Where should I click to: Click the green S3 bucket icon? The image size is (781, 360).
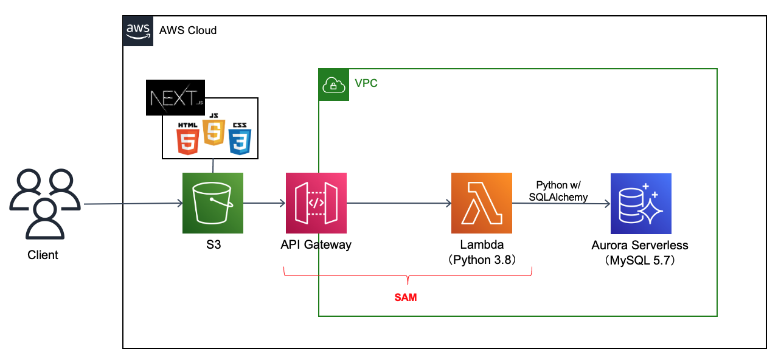(x=213, y=203)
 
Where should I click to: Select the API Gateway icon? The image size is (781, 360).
(x=316, y=203)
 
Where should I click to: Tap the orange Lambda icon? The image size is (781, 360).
(x=482, y=203)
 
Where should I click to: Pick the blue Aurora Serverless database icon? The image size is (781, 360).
(x=640, y=204)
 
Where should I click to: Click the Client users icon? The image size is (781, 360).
(x=43, y=204)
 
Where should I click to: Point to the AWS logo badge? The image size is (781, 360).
(x=137, y=30)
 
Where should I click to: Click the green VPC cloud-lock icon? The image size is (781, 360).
(x=333, y=85)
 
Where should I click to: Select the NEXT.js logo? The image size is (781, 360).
(x=174, y=97)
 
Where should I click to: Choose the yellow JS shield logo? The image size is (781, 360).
(x=213, y=130)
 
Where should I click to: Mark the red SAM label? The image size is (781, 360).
(x=407, y=298)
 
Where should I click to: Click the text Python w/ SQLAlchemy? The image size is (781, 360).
(x=558, y=190)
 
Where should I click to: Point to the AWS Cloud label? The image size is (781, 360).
(x=188, y=30)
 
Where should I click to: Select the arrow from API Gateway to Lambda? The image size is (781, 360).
(x=398, y=204)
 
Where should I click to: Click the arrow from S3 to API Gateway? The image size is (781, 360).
(x=265, y=204)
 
